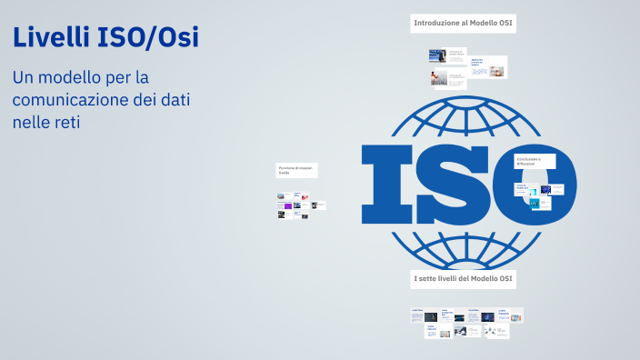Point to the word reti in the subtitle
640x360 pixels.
65,121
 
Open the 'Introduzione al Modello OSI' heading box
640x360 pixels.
464,23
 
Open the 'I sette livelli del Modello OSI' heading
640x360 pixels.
464,277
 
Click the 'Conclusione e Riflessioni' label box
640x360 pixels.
531,161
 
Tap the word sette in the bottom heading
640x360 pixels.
431,277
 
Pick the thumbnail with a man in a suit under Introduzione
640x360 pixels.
438,55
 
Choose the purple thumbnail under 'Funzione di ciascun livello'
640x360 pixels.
287,206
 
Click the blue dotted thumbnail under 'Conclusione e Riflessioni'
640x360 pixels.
546,189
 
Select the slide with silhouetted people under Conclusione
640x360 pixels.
534,204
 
